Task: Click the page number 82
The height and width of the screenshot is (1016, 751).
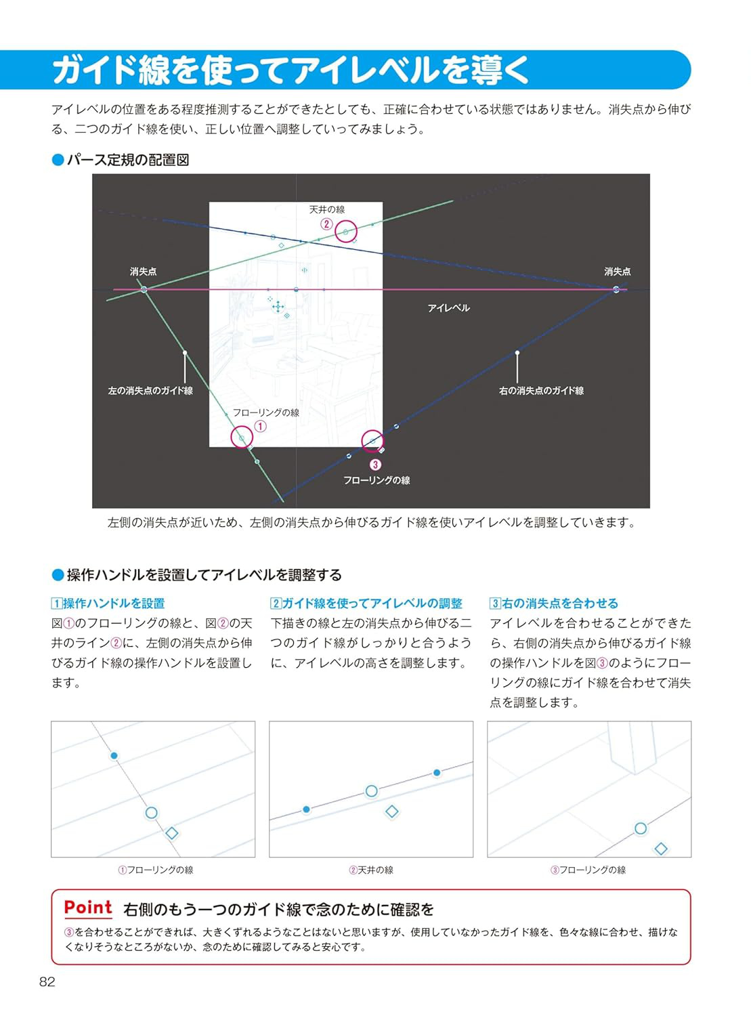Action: click(47, 981)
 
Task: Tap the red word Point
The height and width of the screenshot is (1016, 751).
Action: click(88, 907)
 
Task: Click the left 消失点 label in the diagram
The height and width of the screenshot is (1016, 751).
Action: click(143, 271)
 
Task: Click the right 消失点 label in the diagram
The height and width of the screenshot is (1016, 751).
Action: click(617, 271)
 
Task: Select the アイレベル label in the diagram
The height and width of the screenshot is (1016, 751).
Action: click(448, 308)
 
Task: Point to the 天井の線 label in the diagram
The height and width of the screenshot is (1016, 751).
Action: click(327, 209)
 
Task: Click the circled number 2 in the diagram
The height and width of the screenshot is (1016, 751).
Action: click(326, 224)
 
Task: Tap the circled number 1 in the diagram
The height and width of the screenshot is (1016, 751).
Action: click(260, 427)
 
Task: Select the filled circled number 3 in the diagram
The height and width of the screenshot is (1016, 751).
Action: click(375, 465)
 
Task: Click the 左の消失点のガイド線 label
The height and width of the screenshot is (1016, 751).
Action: click(150, 391)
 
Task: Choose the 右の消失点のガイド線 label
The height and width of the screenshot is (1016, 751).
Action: click(541, 391)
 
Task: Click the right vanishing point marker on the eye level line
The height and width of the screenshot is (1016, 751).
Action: click(616, 289)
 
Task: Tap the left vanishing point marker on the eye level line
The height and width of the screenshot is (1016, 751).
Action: click(144, 289)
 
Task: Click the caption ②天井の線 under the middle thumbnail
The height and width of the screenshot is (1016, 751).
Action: click(371, 870)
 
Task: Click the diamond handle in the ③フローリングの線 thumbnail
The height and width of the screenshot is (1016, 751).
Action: click(660, 849)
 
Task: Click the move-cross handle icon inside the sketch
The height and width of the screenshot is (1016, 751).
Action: click(278, 306)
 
